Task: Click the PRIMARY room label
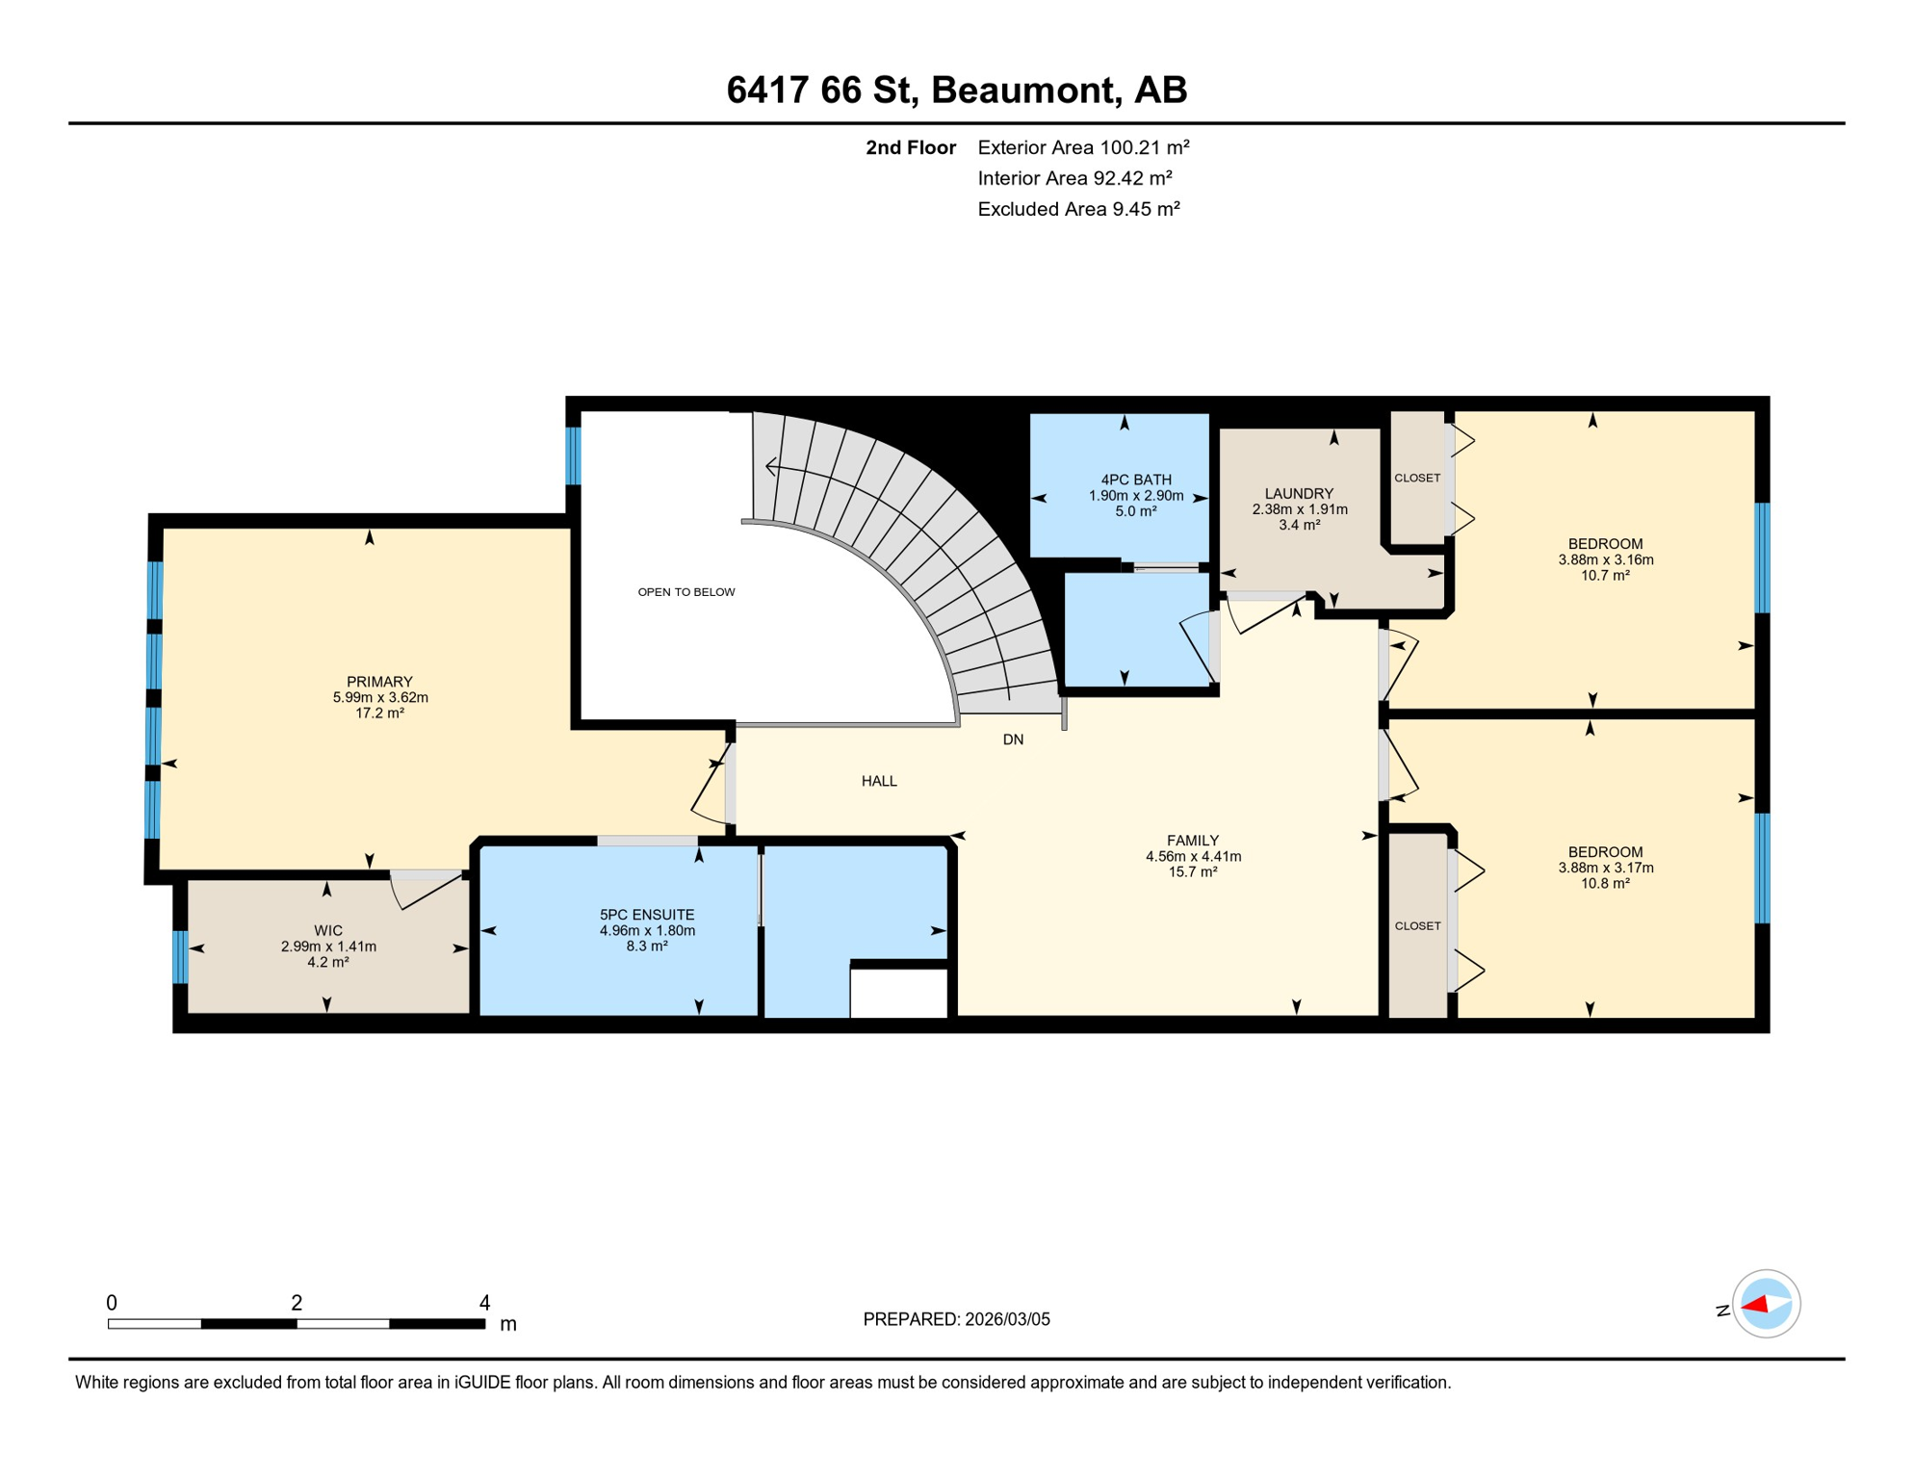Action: (379, 682)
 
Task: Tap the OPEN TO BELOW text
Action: (685, 592)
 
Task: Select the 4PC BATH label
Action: (1136, 480)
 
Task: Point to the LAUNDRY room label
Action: (1299, 494)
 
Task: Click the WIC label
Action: (327, 931)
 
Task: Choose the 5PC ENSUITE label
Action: (646, 915)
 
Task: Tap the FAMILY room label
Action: (1192, 841)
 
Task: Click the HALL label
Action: (878, 781)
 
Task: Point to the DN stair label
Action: (1013, 739)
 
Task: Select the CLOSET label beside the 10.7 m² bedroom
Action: (1417, 479)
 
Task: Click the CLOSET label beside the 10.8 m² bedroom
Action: (1417, 926)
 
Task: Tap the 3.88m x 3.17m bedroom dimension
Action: (1605, 868)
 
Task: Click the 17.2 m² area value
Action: (379, 714)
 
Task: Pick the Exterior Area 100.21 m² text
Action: (1083, 147)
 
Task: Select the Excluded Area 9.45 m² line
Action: (1078, 209)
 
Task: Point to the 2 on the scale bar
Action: (297, 1303)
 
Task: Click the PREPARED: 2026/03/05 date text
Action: (956, 1319)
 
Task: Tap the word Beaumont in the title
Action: (1026, 90)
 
